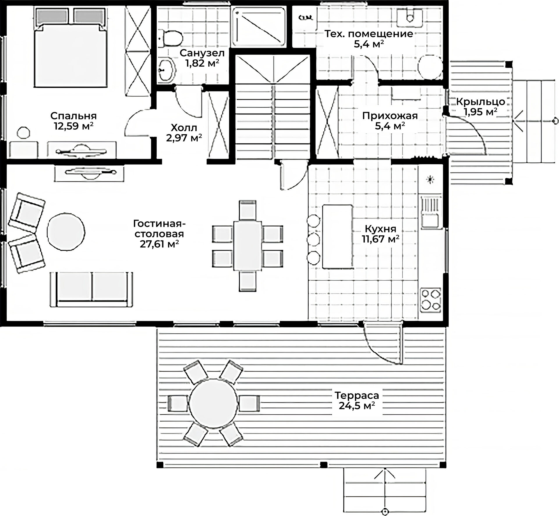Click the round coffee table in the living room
click(x=66, y=231)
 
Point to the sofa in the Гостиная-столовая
click(x=91, y=289)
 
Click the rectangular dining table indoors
click(x=248, y=245)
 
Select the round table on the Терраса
click(x=213, y=403)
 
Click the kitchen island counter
click(x=337, y=236)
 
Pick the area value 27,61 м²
click(x=159, y=244)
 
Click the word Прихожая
click(x=390, y=116)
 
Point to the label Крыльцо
click(x=480, y=102)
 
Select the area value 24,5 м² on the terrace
click(x=357, y=406)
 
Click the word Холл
click(x=184, y=128)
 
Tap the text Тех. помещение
click(x=369, y=34)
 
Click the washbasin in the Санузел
click(x=167, y=70)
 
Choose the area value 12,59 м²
click(x=73, y=126)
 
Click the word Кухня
click(x=380, y=229)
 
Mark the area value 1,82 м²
click(x=202, y=63)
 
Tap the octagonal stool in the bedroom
click(x=23, y=133)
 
